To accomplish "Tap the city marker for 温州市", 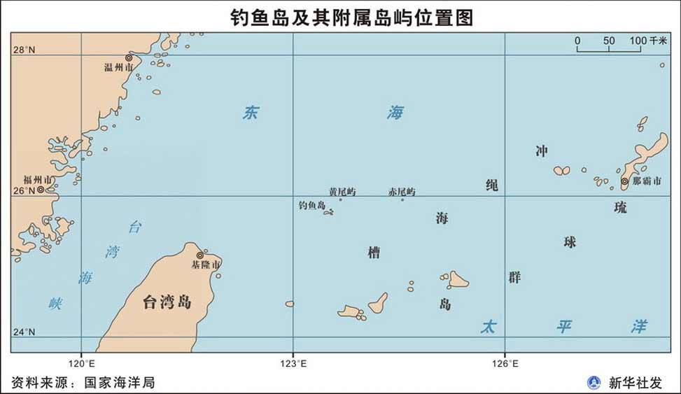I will point(129,58).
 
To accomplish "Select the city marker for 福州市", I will point(41,189).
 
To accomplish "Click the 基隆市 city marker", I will point(200,255).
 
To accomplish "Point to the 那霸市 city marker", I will point(624,181).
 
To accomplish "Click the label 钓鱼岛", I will point(311,206).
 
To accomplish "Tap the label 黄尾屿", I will point(342,192).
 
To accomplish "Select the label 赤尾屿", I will point(402,192).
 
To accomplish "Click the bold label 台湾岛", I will point(167,302).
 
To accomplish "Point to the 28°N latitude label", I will point(24,50).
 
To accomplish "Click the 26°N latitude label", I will point(23,190).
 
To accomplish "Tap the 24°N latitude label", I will point(24,332).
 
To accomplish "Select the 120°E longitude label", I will point(81,363).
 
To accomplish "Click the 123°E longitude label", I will point(293,363).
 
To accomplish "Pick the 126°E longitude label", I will point(505,363).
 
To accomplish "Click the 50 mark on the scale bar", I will point(609,41).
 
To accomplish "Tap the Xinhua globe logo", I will point(594,383).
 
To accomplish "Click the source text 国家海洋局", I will point(119,383).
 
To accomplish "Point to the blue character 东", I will point(250,113).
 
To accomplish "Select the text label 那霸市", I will point(647,181).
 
